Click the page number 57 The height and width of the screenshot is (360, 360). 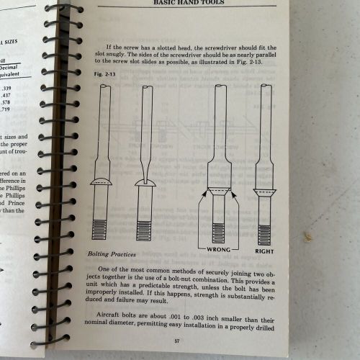(x=186, y=341)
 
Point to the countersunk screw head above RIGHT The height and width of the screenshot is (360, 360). (x=266, y=193)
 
